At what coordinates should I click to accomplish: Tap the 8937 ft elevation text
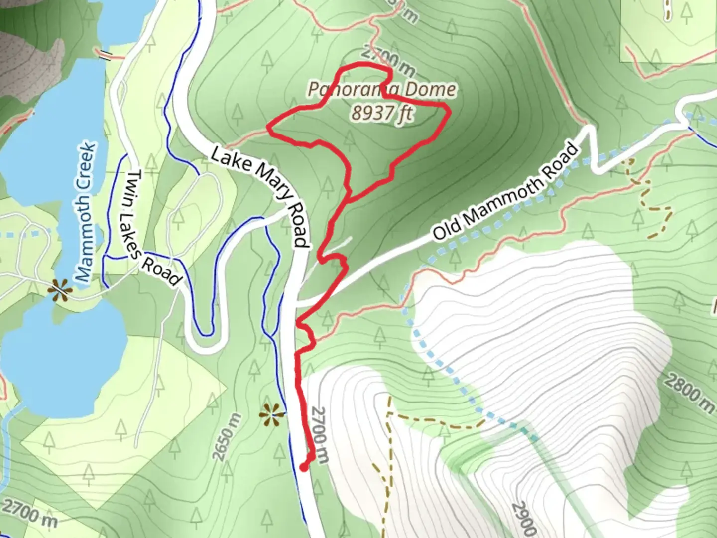tap(382, 113)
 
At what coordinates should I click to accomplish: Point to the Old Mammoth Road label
tap(505, 192)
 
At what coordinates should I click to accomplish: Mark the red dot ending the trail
tap(304, 467)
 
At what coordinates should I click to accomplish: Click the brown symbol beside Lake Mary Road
tap(271, 414)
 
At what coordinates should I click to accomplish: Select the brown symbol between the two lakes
tap(60, 288)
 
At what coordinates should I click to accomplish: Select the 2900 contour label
tap(523, 518)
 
